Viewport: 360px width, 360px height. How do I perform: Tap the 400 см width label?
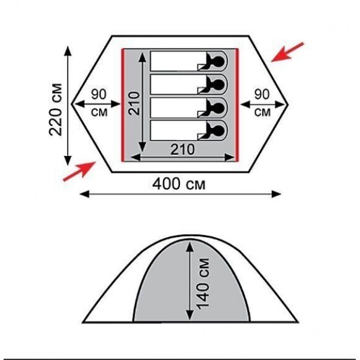point(180,184)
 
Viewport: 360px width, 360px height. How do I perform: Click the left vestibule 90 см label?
point(99,103)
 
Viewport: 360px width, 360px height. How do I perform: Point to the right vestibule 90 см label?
point(262,103)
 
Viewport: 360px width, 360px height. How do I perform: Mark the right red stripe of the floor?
point(237,105)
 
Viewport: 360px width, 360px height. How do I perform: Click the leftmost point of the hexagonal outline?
point(72,103)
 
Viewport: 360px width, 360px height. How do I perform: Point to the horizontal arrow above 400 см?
point(180,193)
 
